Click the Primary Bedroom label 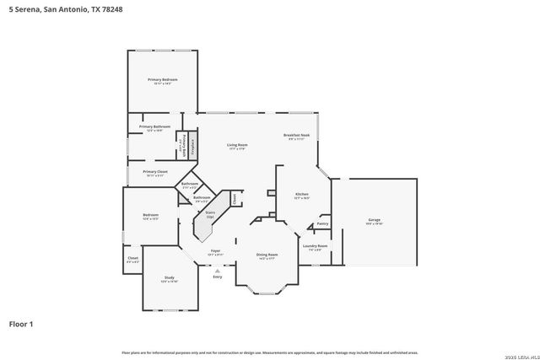click(x=162, y=80)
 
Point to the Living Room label click(x=236, y=145)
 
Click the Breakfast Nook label click(x=296, y=136)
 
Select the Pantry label click(x=322, y=223)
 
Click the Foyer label click(x=215, y=250)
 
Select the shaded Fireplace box click(x=192, y=145)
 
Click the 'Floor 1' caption click(x=21, y=323)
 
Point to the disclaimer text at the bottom click(x=270, y=352)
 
